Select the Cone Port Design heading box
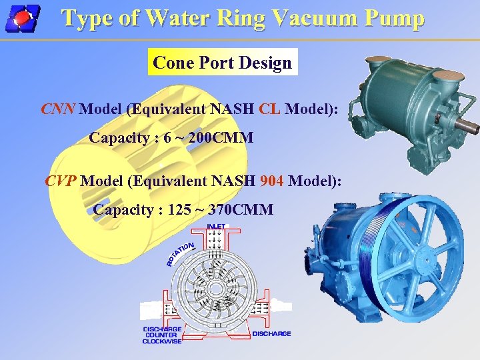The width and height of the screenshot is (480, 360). click(222, 63)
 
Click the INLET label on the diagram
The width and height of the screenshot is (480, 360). click(216, 227)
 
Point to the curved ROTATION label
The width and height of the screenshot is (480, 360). click(180, 254)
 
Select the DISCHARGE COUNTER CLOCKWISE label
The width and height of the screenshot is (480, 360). click(161, 336)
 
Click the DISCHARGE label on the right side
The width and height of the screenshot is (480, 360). click(272, 333)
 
